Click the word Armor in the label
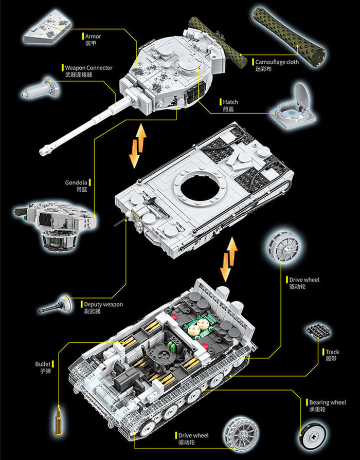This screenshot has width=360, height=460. click(93, 36)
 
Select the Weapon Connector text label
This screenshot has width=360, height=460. click(88, 67)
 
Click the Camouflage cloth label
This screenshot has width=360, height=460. click(277, 62)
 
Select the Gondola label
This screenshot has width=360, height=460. click(76, 182)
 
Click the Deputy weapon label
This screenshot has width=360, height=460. click(103, 304)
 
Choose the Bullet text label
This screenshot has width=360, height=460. click(43, 364)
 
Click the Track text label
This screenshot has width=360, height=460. click(332, 352)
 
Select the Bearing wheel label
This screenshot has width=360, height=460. click(327, 402)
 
